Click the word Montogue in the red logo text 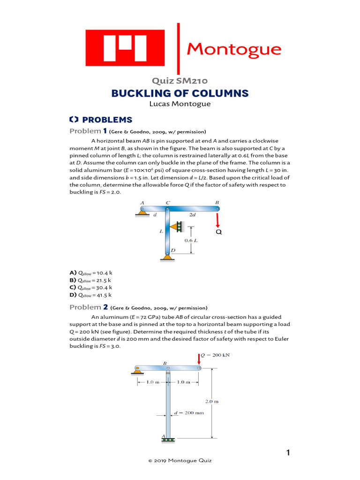234,49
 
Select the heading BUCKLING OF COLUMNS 180,93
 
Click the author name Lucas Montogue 180,104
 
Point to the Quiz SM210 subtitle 180,82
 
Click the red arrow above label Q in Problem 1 218,220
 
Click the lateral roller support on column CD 177,227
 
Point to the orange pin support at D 166,255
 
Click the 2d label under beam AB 192,215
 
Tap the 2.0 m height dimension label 212,401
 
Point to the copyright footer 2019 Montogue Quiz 180,461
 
